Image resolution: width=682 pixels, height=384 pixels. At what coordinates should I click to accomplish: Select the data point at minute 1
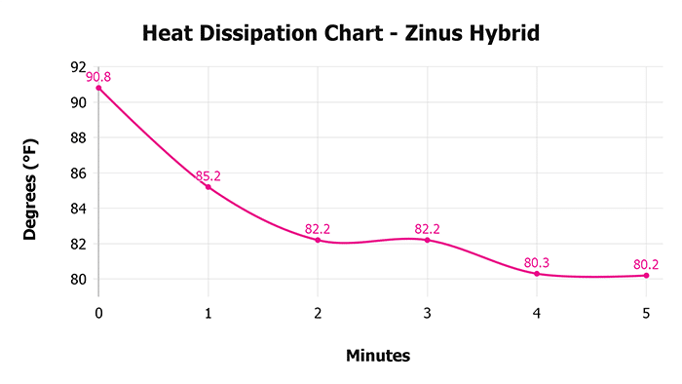click(208, 186)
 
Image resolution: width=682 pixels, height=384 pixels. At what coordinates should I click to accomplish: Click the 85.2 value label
click(208, 176)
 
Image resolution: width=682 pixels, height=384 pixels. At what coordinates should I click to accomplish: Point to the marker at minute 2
click(318, 240)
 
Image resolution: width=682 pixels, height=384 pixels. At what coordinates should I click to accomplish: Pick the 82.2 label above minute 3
click(427, 229)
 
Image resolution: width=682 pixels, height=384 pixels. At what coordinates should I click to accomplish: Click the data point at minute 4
click(537, 274)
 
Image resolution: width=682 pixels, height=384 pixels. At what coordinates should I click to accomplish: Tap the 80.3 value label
click(537, 263)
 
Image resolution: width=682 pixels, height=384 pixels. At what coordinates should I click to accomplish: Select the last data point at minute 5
click(646, 275)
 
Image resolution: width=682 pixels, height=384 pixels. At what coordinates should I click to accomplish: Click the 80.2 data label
click(646, 264)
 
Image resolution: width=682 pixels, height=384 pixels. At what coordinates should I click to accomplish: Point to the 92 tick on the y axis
click(79, 67)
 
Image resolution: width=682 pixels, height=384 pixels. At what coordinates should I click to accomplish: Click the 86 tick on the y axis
click(79, 173)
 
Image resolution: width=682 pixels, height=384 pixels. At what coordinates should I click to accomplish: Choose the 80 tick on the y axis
click(79, 279)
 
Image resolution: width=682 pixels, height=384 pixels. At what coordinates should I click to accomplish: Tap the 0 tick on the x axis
click(98, 312)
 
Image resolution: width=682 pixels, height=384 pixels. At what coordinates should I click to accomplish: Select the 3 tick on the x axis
click(427, 312)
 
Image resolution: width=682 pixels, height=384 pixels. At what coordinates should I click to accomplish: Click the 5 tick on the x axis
click(646, 312)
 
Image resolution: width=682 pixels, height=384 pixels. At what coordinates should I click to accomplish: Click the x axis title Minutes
click(378, 356)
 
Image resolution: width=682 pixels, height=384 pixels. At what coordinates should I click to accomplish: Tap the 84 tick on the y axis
click(79, 208)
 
